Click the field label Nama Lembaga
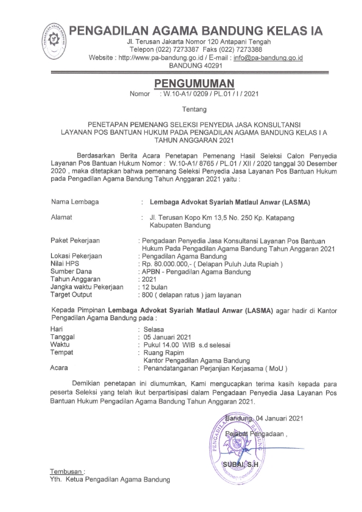[76, 200]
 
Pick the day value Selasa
[155, 329]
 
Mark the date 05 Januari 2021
[166, 337]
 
